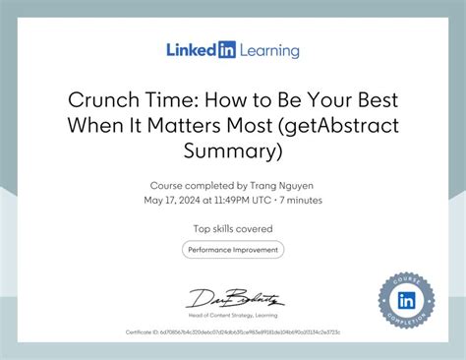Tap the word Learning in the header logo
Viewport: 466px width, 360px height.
pos(267,50)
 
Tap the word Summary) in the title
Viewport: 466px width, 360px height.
pos(233,150)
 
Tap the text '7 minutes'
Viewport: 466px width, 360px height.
pos(299,200)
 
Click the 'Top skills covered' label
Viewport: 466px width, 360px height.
pos(233,228)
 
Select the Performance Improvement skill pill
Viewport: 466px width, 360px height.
pos(233,250)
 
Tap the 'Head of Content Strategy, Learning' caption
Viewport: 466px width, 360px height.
pos(233,315)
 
